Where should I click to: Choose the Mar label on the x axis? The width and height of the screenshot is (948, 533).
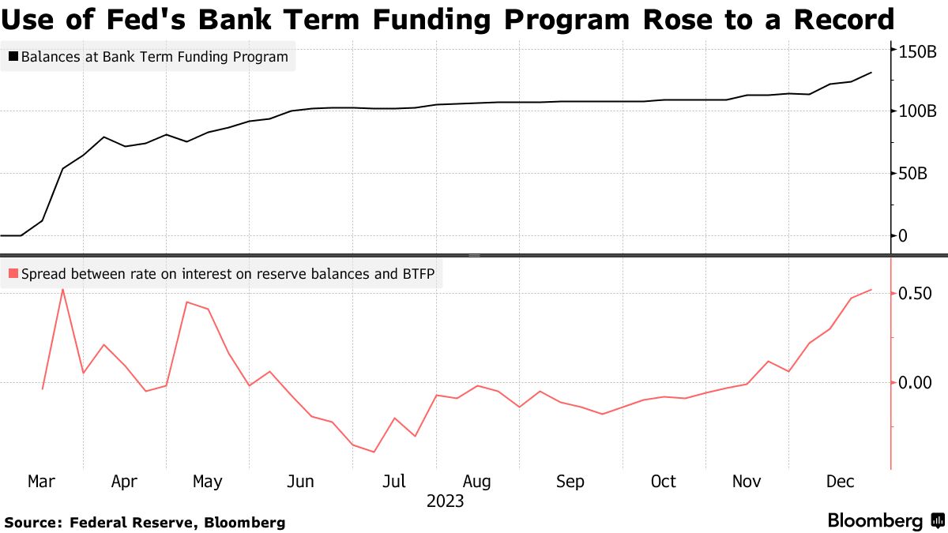click(x=42, y=482)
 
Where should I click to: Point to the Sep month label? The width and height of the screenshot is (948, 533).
click(x=570, y=482)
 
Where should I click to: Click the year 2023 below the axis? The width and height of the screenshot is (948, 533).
click(x=445, y=501)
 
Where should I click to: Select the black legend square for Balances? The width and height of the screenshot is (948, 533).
click(x=13, y=57)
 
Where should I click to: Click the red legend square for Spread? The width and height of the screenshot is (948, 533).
click(x=13, y=274)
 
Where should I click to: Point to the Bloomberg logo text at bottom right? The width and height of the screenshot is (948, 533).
click(x=875, y=521)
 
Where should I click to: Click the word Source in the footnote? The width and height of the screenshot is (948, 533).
click(x=32, y=523)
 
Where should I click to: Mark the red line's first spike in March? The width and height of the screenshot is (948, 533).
click(x=62, y=289)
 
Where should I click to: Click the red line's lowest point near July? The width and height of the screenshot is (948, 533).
click(x=373, y=452)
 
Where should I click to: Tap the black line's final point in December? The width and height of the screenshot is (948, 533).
click(x=871, y=73)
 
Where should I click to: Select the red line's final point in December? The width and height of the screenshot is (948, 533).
click(x=871, y=290)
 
